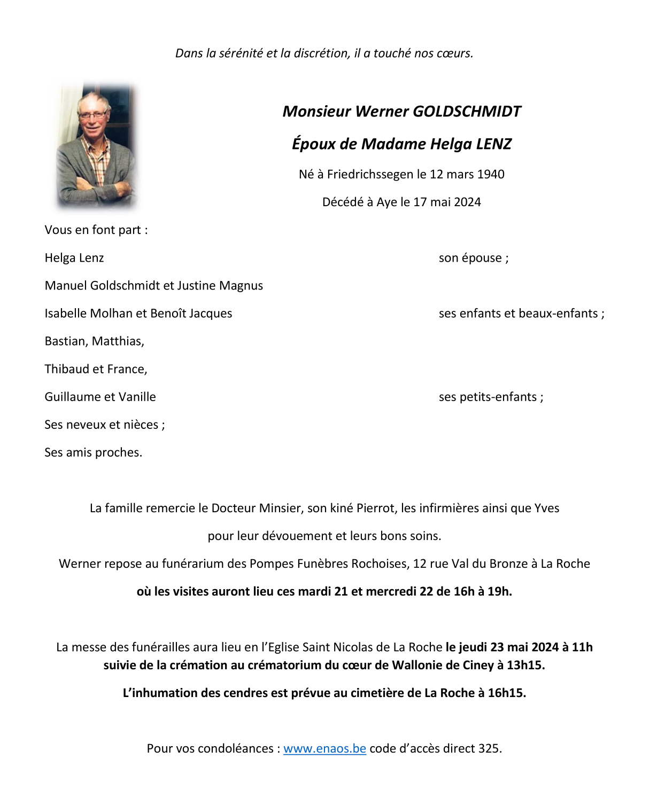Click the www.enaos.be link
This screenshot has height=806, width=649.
[x=324, y=748]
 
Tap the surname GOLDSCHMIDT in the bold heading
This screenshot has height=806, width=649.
[x=467, y=111]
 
